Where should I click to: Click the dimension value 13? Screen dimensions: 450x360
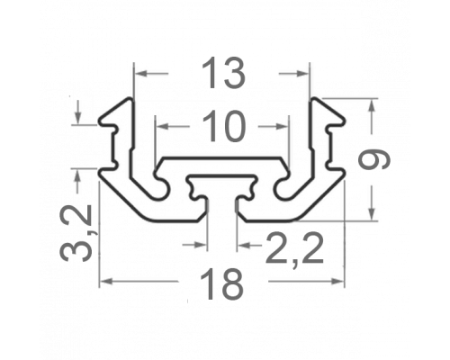[x=223, y=73]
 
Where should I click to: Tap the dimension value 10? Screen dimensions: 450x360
[x=224, y=126]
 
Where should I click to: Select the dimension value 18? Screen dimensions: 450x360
[x=221, y=283]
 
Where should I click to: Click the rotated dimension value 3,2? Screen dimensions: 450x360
[x=76, y=233]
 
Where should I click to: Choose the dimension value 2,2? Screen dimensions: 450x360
[x=294, y=248]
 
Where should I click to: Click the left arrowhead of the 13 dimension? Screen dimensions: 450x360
[x=141, y=73]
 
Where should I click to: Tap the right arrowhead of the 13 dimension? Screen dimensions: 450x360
[x=302, y=73]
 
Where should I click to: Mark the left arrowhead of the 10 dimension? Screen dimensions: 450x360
[x=163, y=127]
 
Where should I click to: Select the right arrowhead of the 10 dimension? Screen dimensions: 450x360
[x=282, y=127]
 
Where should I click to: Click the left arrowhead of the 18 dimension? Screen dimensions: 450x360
[x=106, y=281]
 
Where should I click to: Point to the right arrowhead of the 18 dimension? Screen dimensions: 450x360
[x=337, y=281]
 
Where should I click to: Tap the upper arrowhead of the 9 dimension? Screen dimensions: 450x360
[x=372, y=105]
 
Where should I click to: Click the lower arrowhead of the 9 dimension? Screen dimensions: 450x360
[x=372, y=214]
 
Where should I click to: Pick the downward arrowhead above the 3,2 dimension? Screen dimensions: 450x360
[x=78, y=118]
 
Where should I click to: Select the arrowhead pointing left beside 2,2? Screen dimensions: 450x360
[x=244, y=246]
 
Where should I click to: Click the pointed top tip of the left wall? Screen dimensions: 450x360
[x=130, y=98]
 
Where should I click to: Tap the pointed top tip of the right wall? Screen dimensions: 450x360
[x=313, y=98]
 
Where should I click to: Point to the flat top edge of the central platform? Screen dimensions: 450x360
[x=222, y=157]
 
